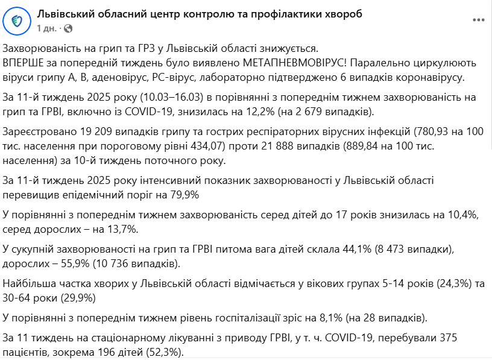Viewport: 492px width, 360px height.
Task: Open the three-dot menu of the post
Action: (479, 20)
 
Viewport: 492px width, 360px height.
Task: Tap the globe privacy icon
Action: (68, 28)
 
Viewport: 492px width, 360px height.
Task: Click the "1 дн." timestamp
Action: (48, 28)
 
